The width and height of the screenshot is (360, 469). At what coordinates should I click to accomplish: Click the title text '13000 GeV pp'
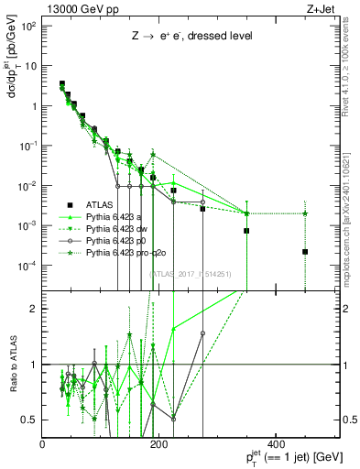(x=74, y=8)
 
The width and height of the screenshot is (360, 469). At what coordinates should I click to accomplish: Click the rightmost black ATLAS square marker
(x=305, y=251)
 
